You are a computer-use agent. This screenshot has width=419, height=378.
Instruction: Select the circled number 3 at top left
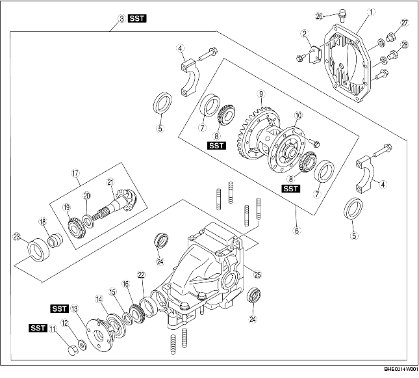coord(121,20)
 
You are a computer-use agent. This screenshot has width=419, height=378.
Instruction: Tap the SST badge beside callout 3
coord(137,20)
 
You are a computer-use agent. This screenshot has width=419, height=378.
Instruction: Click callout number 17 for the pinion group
coord(75,173)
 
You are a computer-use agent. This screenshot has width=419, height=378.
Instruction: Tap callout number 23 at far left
coord(16,236)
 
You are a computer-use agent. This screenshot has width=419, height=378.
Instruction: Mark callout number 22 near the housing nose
coord(141,275)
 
